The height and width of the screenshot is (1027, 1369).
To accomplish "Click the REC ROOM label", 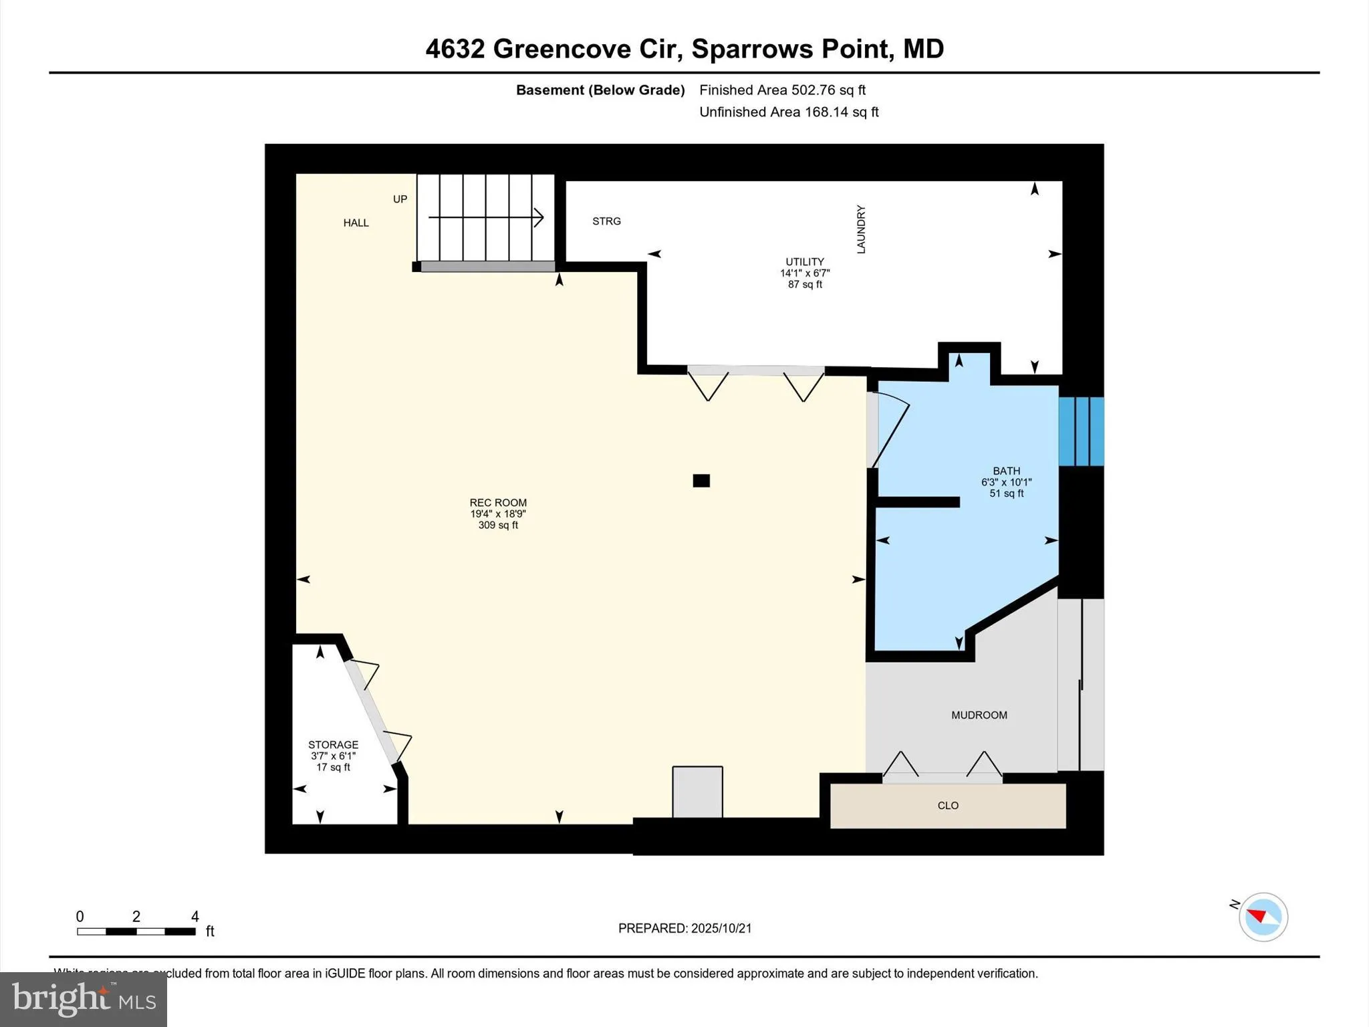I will click(498, 503).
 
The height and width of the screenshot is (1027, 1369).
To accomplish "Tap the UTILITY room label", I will click(804, 262).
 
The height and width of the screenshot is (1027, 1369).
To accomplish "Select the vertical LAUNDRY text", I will click(861, 229).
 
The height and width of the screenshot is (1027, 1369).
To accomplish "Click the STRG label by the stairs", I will click(606, 221).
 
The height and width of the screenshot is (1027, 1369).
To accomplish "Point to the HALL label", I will click(356, 223).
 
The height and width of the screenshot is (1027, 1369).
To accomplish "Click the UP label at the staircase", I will click(400, 199).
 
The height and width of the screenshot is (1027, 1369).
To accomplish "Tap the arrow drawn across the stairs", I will click(486, 217).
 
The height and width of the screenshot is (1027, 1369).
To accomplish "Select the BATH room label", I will click(1006, 471).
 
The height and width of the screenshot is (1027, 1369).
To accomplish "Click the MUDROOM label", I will click(979, 715).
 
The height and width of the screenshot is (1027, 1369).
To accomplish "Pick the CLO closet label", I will click(948, 806).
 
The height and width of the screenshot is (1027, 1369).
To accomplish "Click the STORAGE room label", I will click(333, 745).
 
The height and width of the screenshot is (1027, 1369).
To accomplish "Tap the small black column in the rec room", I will click(701, 481).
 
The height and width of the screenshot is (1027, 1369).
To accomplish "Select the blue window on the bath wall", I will click(1081, 431).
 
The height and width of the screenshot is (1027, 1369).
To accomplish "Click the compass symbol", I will click(1263, 917).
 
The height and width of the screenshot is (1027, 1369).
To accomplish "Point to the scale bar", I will click(136, 931).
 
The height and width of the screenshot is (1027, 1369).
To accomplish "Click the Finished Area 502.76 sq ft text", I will click(782, 90).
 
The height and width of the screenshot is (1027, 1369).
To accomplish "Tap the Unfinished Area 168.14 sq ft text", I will click(789, 112).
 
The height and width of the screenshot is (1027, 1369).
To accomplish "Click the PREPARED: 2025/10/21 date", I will click(684, 928).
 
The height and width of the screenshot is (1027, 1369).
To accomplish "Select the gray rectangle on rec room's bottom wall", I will click(697, 792).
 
